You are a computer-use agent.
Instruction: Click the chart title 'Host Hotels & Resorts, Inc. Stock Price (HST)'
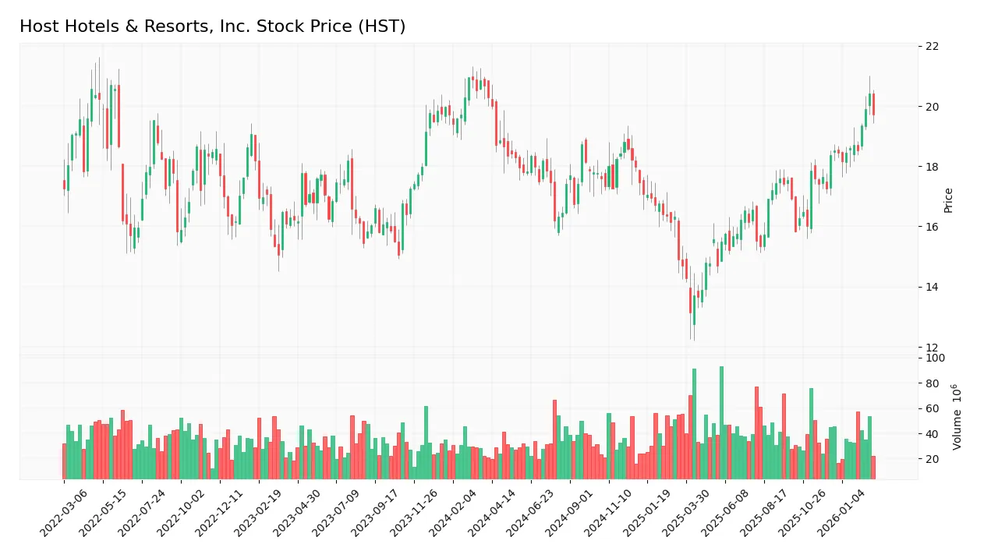coord(212,26)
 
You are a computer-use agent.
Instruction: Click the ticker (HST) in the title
coord(381,26)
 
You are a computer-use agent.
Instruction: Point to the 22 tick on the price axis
coord(932,46)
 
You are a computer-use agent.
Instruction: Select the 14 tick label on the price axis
coord(932,287)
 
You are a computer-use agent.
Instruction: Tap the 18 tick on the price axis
coord(932,167)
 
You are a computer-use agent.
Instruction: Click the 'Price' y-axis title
coord(948,200)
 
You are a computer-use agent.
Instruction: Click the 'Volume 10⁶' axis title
coord(956,416)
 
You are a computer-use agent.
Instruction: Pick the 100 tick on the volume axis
coord(935,358)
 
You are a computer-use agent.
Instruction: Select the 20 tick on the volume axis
coord(932,459)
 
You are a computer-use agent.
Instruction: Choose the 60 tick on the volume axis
coord(932,409)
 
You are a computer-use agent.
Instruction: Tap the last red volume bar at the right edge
coord(873,468)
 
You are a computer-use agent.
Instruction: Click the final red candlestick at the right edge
coord(873,104)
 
